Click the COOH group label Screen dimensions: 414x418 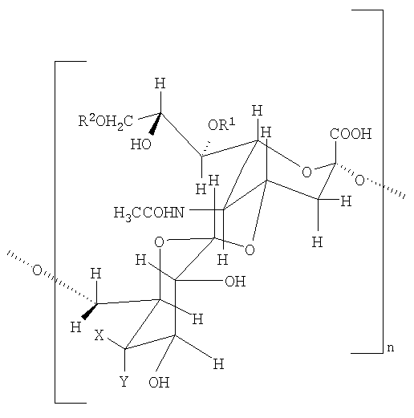coord(351,134)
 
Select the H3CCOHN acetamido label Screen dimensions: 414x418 coord(149,213)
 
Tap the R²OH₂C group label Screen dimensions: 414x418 coord(105,122)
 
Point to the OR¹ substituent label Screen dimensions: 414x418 coord(221,124)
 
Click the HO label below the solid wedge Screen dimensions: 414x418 coord(140,144)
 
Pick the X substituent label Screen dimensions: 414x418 coord(99,335)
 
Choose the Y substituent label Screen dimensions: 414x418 coord(124,381)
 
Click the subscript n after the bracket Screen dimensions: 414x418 coord(391,347)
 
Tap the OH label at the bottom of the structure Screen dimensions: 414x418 coord(159,383)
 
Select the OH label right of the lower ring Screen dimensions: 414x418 coord(235,282)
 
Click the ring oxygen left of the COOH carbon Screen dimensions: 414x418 coord(306,172)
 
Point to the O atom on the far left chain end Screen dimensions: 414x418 coord(37,270)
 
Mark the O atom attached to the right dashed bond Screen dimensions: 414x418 coord(359,181)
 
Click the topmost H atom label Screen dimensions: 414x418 coord(160,83)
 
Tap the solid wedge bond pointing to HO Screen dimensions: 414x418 coord(156,124)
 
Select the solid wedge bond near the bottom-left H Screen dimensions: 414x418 coord(90,311)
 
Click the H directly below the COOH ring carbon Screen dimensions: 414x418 coord(318,242)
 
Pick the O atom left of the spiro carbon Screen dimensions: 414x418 coord(159,242)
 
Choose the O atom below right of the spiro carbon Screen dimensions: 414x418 coord(250,250)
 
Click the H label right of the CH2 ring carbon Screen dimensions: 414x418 coord(346,201)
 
